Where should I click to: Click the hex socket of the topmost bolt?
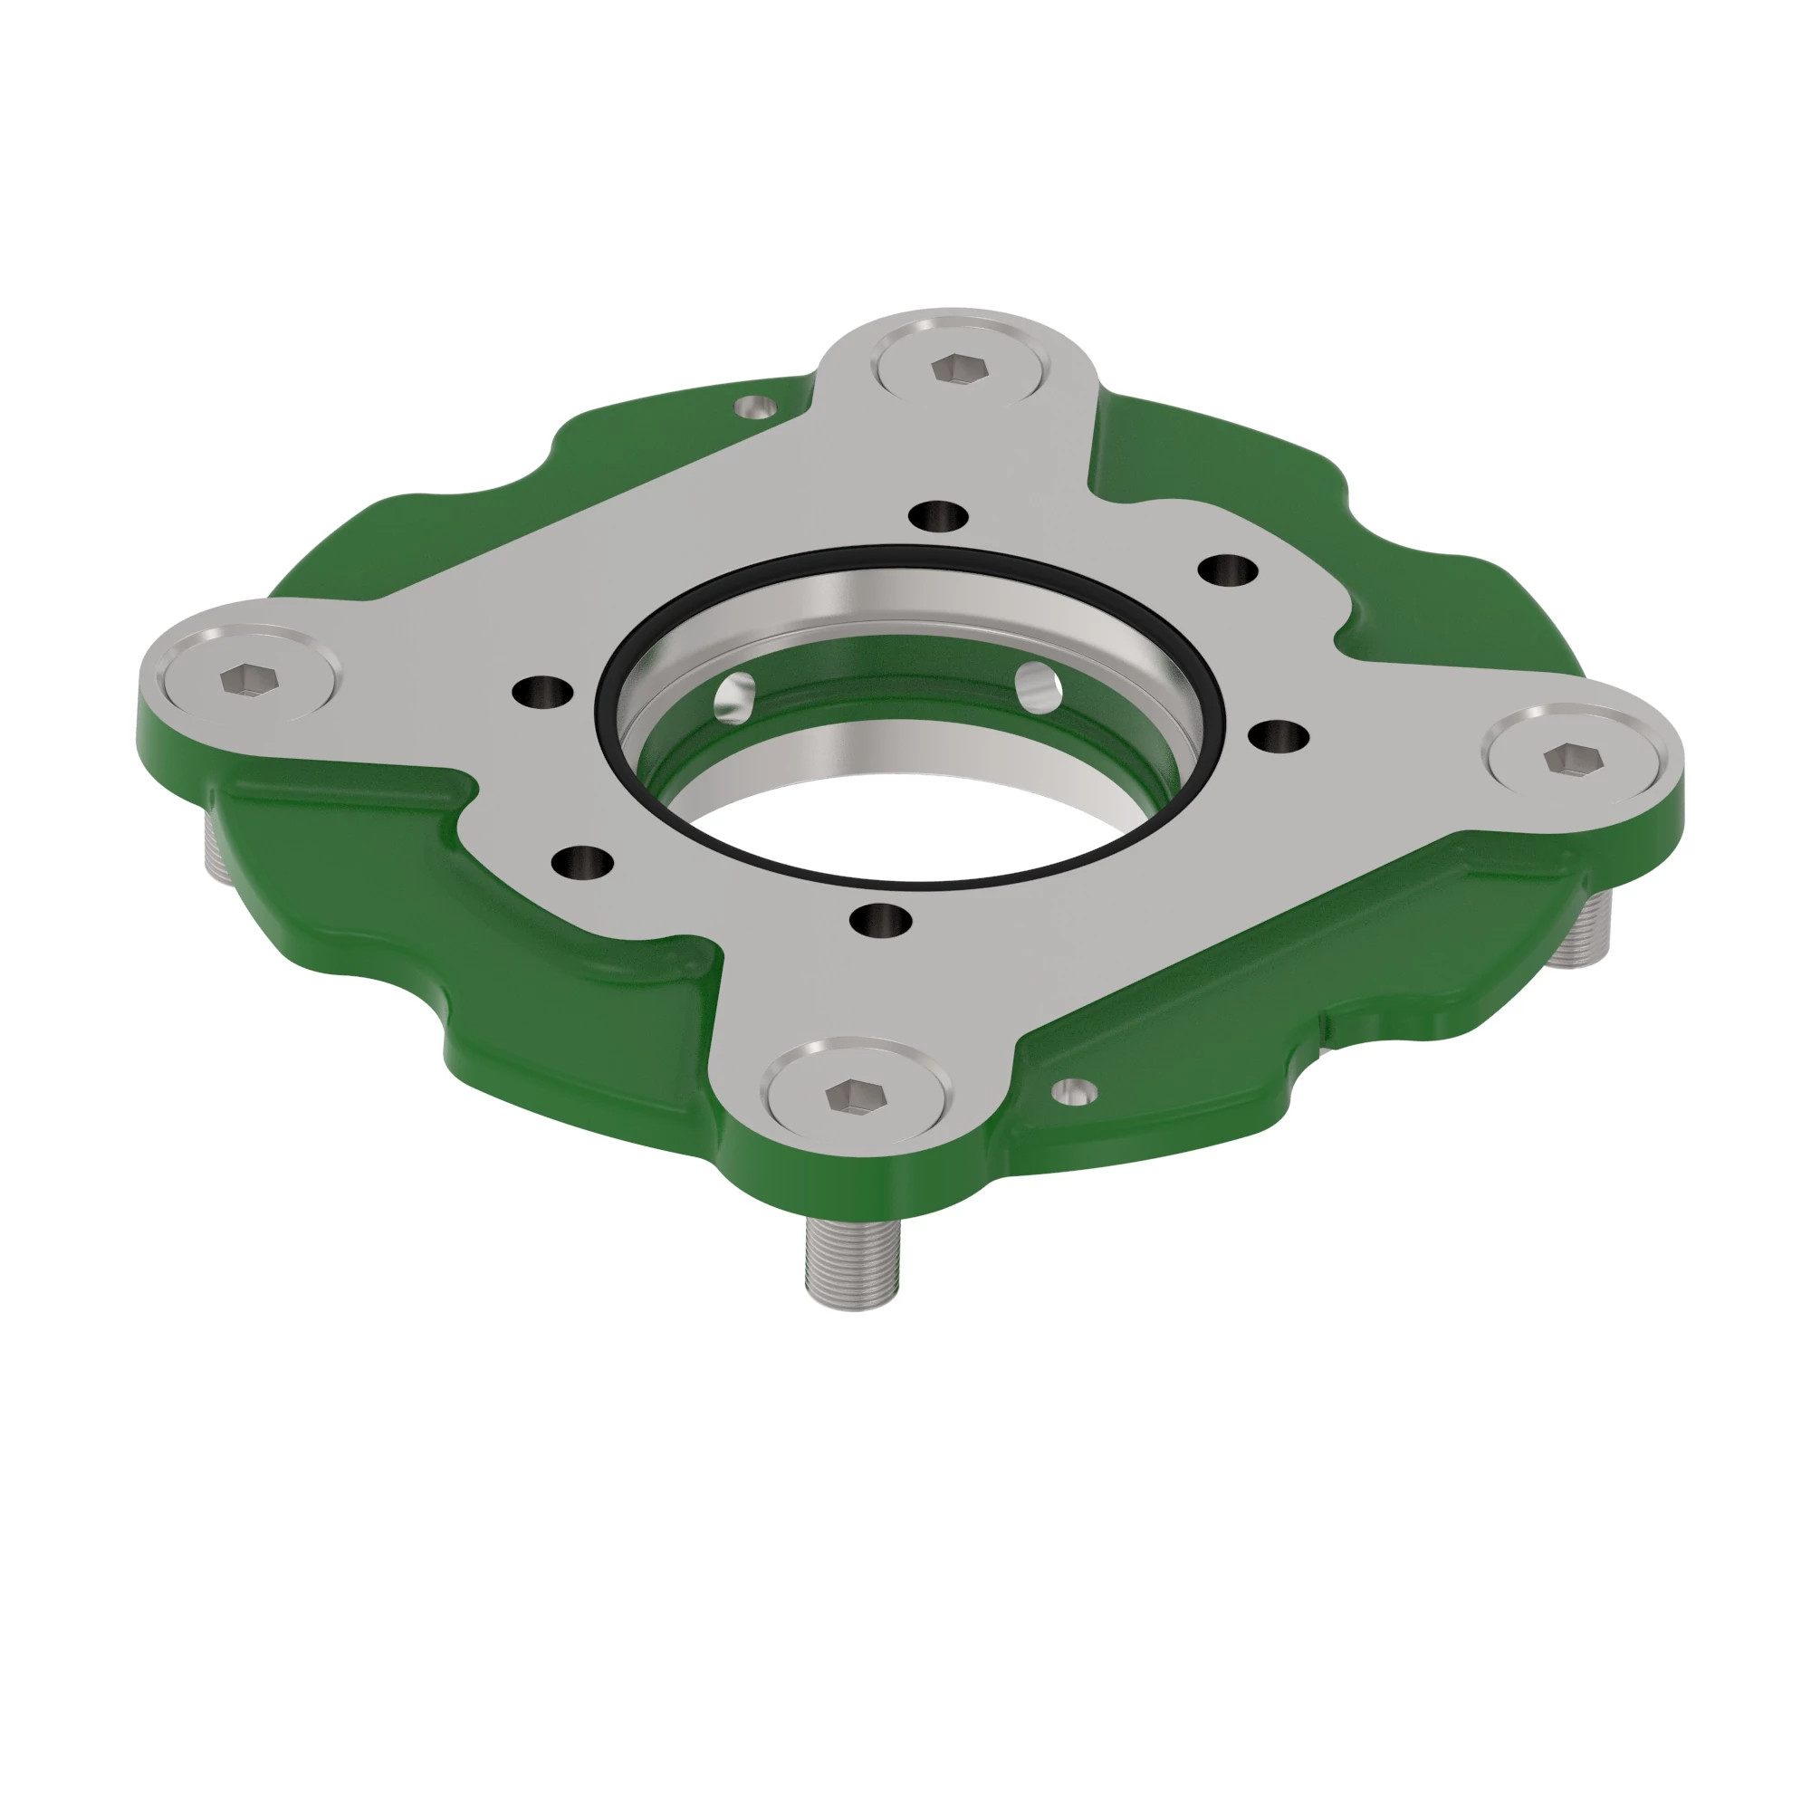pos(957,368)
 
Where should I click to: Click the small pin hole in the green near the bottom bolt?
pos(1074,1089)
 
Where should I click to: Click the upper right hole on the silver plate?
pos(1229,569)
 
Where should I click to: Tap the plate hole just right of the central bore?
pos(1280,737)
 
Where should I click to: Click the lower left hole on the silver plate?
pos(583,860)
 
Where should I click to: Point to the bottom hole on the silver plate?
pos(881,921)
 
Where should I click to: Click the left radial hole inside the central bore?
pos(736,695)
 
